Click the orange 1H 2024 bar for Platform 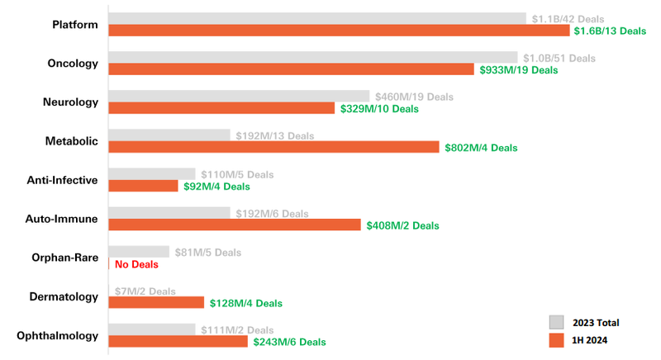[339, 31]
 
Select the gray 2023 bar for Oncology [313, 58]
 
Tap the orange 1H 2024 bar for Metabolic [273, 147]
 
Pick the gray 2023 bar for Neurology [239, 97]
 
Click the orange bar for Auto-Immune [235, 225]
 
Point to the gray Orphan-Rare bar [139, 252]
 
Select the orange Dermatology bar [156, 302]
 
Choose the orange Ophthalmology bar [178, 341]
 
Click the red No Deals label [136, 264]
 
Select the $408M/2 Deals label [402, 225]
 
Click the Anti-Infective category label [63, 180]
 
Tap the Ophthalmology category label [58, 335]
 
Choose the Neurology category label [71, 102]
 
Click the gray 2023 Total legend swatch [556, 322]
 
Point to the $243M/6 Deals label [290, 342]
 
